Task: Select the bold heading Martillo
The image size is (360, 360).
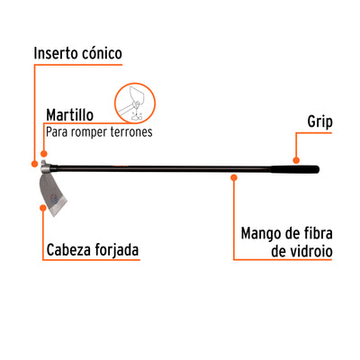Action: click(x=69, y=115)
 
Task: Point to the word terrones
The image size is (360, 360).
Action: click(x=131, y=131)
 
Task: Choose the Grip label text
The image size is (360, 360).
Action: click(x=319, y=122)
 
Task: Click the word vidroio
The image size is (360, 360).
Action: click(x=310, y=251)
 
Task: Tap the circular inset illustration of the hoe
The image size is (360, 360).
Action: click(x=135, y=103)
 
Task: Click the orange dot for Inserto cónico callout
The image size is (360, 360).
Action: click(x=35, y=164)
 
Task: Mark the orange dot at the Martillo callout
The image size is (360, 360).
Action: click(x=44, y=154)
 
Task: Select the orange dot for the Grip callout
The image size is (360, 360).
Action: click(x=296, y=160)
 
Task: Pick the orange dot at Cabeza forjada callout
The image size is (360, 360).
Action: click(x=43, y=208)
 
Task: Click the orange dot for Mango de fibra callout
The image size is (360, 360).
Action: click(x=234, y=177)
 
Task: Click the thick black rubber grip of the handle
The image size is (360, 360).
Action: click(x=294, y=169)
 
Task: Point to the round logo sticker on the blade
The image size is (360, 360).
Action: click(x=53, y=198)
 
